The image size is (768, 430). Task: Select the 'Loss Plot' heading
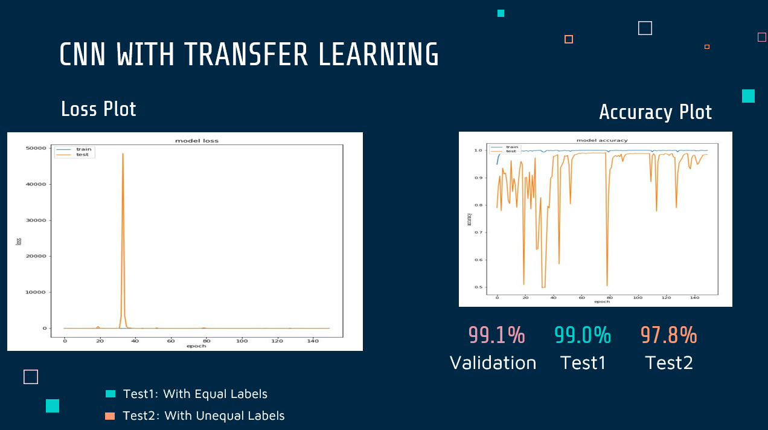point(98,109)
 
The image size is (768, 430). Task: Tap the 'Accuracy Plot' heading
point(655,112)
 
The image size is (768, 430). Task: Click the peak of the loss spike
point(123,154)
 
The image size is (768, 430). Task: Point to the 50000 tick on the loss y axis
point(37,149)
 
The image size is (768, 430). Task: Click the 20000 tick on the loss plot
point(37,256)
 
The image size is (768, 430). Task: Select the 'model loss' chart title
point(197,141)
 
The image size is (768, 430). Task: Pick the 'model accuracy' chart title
point(602,140)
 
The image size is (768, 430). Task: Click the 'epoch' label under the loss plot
point(197,346)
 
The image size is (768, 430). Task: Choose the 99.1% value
point(496,335)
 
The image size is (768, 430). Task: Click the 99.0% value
point(583,335)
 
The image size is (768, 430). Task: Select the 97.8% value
point(668,335)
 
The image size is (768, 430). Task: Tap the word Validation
point(493,362)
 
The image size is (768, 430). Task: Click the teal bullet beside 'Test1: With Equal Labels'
point(110,394)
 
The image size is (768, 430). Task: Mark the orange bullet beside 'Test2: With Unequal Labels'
point(110,416)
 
